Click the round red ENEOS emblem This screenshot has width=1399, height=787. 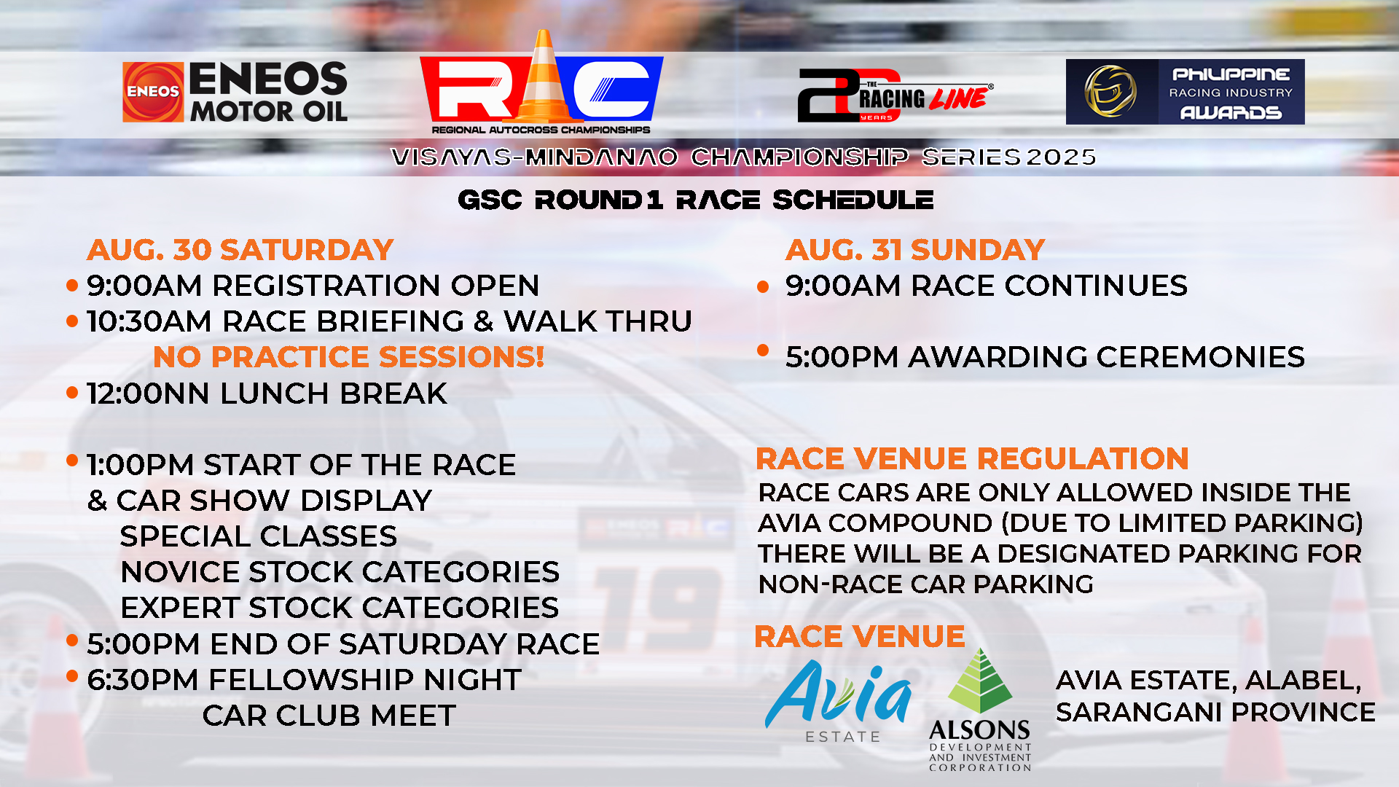153,92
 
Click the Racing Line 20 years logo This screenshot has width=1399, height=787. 895,95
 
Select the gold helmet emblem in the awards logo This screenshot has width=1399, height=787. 1110,92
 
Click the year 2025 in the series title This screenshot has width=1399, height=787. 1061,157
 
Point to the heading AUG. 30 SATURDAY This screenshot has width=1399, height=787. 240,250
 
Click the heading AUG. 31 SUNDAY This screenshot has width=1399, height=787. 915,250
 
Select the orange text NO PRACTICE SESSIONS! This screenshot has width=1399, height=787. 349,357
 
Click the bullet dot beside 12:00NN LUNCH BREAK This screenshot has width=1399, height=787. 72,393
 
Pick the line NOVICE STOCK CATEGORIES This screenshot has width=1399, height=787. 340,572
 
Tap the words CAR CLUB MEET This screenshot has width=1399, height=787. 329,716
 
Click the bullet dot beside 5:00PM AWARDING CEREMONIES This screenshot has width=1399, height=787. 763,351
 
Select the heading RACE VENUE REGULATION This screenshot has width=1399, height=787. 972,459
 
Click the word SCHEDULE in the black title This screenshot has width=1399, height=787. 853,200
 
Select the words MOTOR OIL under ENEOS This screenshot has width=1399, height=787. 269,111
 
